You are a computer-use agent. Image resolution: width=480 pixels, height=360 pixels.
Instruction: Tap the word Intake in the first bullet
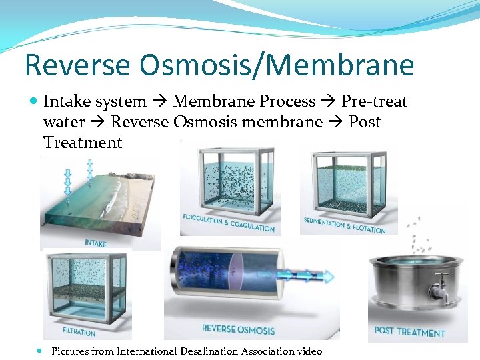coord(66,101)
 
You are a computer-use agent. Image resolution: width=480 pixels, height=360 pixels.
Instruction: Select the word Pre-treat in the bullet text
coord(374,101)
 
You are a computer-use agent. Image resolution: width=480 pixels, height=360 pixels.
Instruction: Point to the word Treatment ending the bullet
coord(83,143)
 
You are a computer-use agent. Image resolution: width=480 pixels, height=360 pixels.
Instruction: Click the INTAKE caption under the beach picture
coord(95,243)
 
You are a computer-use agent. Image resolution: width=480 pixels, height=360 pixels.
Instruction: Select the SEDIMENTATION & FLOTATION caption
coord(345,225)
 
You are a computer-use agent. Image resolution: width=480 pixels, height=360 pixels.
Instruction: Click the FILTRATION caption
coord(79,331)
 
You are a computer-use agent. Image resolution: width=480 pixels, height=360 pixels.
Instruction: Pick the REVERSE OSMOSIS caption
coord(238,329)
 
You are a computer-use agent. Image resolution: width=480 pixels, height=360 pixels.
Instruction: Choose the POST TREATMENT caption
coord(409,331)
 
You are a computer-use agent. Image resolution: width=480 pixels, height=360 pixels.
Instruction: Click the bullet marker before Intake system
coord(34,102)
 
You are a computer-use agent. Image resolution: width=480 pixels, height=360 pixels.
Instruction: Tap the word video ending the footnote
coord(309,351)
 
